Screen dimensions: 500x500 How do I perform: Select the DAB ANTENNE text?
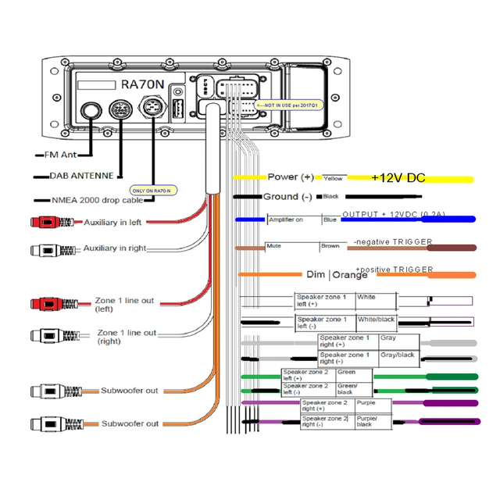coord(81,176)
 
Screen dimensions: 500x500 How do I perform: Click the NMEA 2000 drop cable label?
coord(91,200)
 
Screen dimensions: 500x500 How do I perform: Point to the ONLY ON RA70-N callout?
coord(151,190)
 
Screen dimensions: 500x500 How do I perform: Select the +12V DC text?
coord(398,178)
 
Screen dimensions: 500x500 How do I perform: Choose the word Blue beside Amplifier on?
coord(330,220)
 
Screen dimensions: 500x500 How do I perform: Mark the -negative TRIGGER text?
coord(392,242)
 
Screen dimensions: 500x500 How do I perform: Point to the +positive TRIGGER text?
coord(394,269)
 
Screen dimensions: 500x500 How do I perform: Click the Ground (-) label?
coord(287,197)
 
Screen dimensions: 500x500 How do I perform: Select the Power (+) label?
coord(290,177)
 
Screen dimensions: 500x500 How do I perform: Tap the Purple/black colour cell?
coord(368,422)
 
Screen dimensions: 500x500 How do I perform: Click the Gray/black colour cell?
coord(398,355)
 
